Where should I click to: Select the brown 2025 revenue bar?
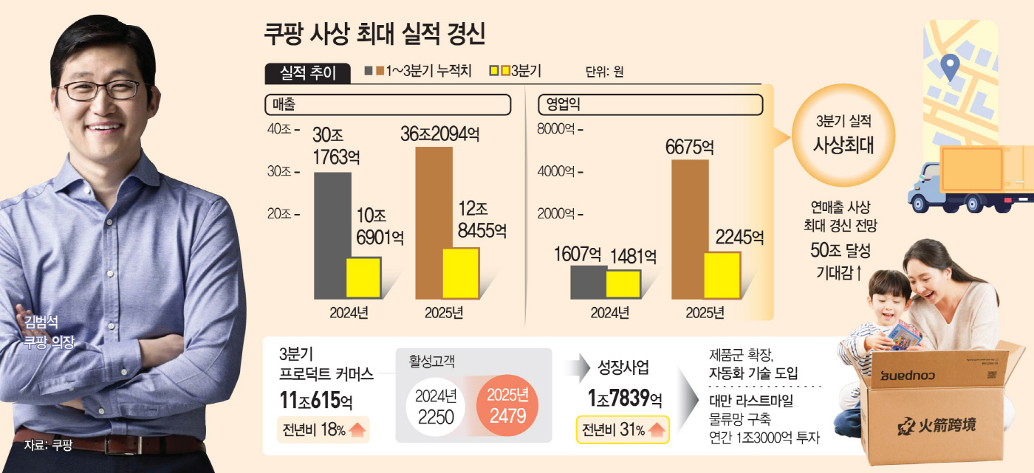pos(433,221)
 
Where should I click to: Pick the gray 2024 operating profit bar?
pos(588,282)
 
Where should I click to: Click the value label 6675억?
pos(689,147)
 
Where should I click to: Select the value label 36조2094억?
pos(440,135)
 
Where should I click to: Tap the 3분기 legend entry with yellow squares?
pos(516,71)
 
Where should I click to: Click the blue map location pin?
pos(950,68)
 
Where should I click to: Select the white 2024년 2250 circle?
pos(435,407)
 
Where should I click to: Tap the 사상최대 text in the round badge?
pos(843,144)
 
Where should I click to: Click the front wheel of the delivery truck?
pos(920,203)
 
